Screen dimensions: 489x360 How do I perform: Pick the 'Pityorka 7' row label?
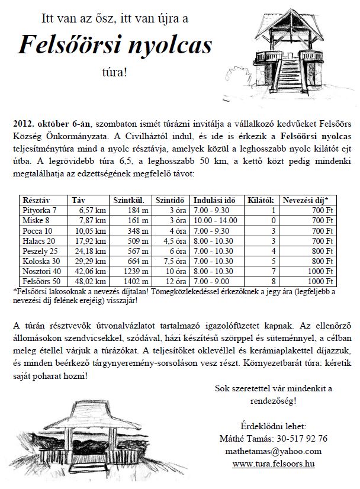(x=40, y=210)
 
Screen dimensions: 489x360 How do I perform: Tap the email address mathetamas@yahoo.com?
(x=273, y=451)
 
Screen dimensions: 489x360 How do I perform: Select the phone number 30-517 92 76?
(x=299, y=439)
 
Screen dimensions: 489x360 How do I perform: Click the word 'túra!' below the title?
(x=114, y=72)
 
